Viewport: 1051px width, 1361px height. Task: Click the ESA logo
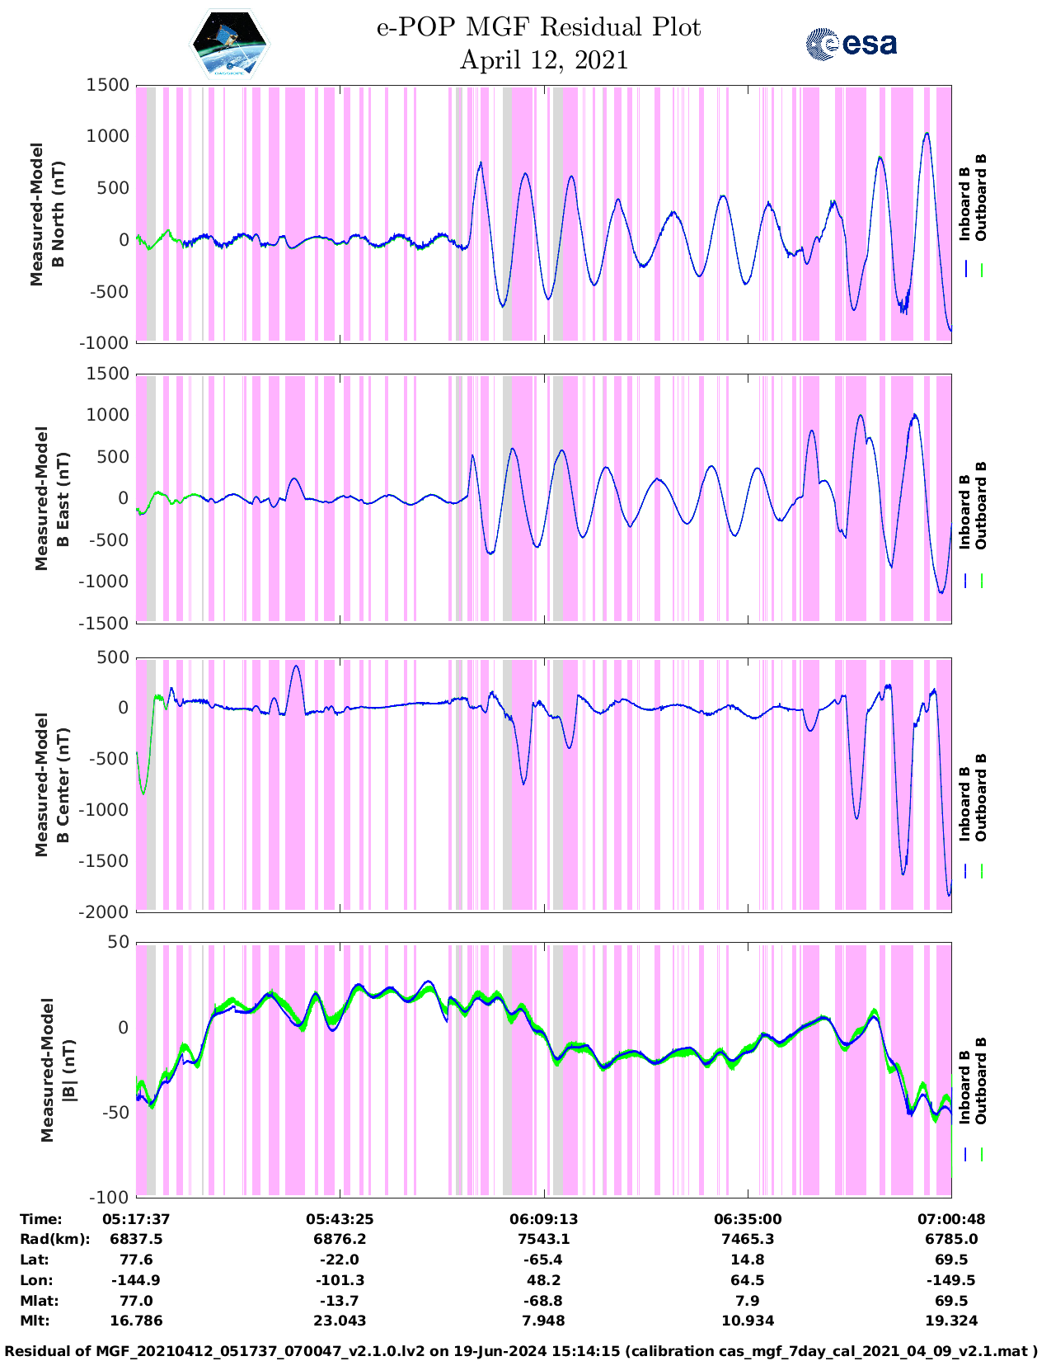click(x=851, y=44)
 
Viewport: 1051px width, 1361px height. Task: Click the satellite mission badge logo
click(x=230, y=44)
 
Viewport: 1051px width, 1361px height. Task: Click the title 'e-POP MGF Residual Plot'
click(x=539, y=27)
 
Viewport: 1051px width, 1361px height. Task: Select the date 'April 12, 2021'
click(x=543, y=60)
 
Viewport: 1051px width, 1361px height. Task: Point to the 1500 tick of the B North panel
click(x=109, y=85)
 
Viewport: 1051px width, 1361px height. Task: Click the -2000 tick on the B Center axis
click(x=104, y=911)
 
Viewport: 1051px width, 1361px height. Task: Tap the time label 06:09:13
click(x=543, y=1219)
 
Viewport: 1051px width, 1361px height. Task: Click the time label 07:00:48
click(x=951, y=1219)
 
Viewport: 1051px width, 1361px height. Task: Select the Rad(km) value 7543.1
click(x=543, y=1239)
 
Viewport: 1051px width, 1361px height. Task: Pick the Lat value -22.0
click(x=340, y=1260)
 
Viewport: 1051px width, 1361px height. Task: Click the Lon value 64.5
click(x=748, y=1280)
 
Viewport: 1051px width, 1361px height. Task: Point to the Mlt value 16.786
click(x=136, y=1321)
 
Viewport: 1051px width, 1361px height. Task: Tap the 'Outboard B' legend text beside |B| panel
click(x=981, y=1081)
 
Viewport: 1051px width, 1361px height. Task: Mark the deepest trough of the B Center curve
click(x=949, y=895)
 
